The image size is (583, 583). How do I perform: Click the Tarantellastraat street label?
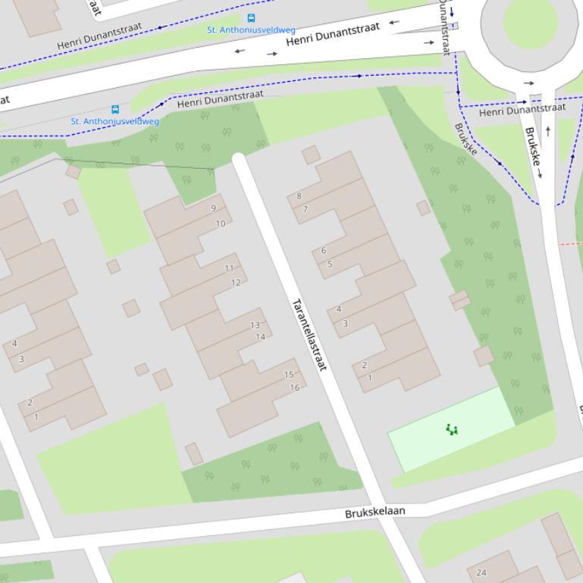coord(310,334)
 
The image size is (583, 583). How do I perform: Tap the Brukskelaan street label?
coord(375,513)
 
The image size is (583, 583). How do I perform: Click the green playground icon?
coord(452,429)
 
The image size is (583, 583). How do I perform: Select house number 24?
coord(481,572)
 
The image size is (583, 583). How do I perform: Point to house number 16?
coord(294,388)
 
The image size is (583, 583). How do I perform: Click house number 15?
coord(288,374)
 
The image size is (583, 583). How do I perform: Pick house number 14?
coord(260,337)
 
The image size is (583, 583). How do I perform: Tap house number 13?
coord(255,325)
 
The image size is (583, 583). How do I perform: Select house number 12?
coord(235,282)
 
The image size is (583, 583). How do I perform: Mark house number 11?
coord(229,268)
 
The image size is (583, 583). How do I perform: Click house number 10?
coord(220,223)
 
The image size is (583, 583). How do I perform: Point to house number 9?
coord(214,208)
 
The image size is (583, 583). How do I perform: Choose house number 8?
coord(299,196)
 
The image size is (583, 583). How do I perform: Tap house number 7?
coord(306,209)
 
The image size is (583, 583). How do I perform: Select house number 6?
coord(324,251)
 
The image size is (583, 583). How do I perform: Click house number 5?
coord(330,264)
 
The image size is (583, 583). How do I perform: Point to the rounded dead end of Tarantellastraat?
coord(239,159)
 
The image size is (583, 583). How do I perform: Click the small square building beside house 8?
coord(311,154)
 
